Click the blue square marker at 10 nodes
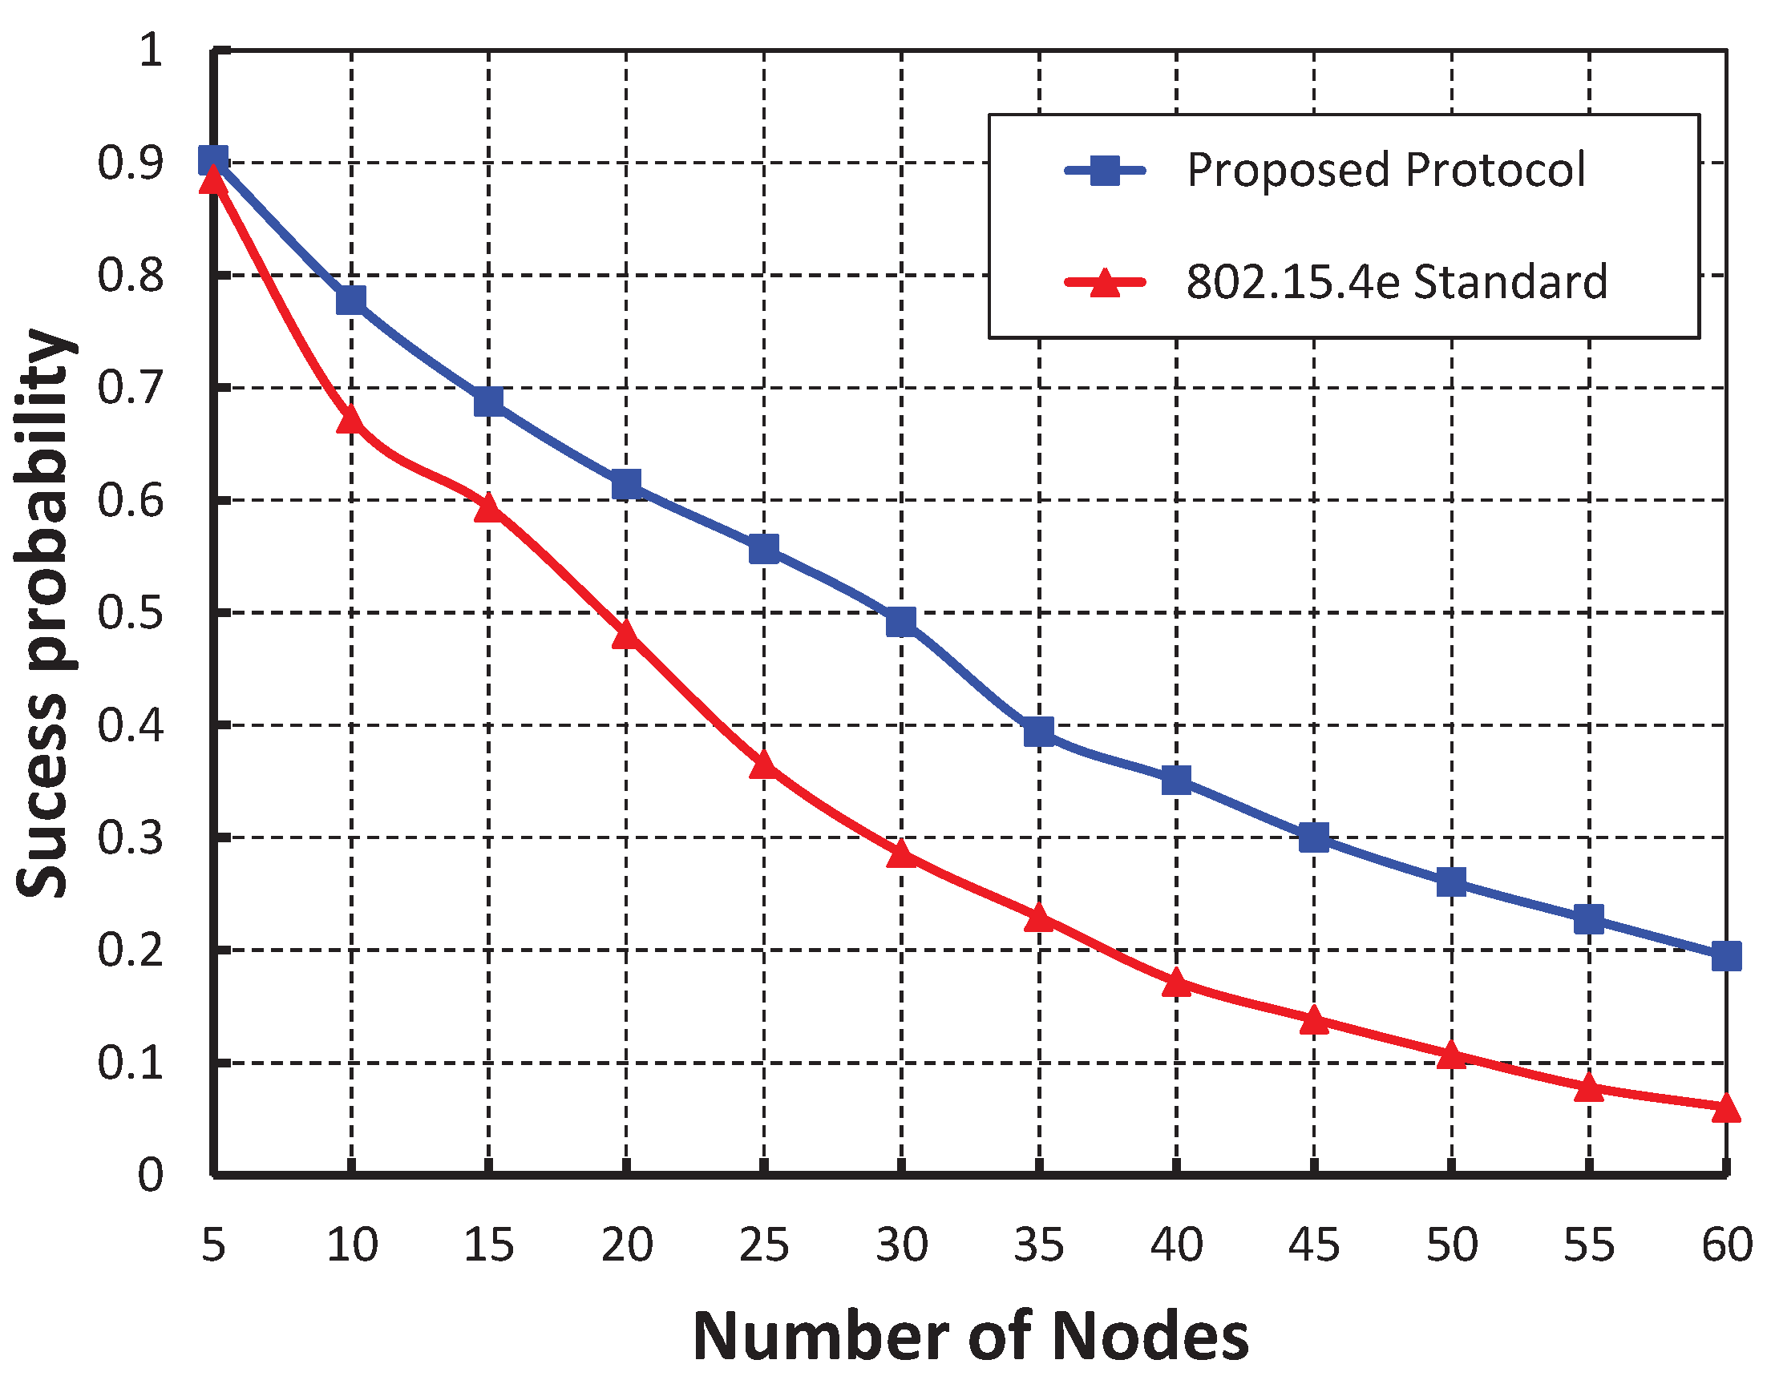coord(351,300)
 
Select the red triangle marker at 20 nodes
coord(626,635)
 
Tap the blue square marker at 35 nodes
coord(1039,732)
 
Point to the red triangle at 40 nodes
coord(1176,983)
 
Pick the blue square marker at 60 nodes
coord(1726,956)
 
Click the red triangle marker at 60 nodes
coord(1726,1108)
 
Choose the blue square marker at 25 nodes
coord(764,549)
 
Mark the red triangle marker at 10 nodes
coord(351,419)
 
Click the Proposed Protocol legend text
coord(1385,170)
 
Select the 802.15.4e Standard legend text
coord(1397,281)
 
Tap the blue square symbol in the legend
coord(1106,170)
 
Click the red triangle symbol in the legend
coord(1106,283)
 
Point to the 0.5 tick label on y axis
coord(130,612)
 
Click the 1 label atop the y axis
coord(152,50)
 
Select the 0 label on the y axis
coord(151,1175)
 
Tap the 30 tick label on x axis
coord(901,1245)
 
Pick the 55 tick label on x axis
coord(1588,1245)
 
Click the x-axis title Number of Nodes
coord(970,1336)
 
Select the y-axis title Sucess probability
coord(45,612)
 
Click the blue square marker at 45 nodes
coord(1314,837)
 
